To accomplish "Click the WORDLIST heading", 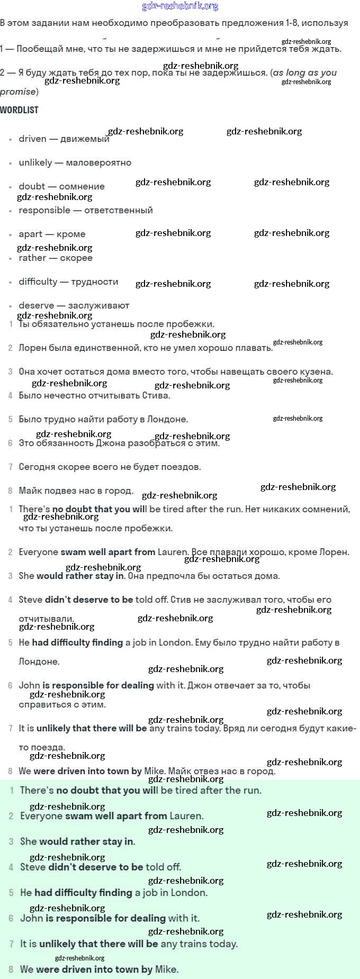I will (19, 110).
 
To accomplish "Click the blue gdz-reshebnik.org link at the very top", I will (180, 6).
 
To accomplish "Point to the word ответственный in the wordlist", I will (119, 211).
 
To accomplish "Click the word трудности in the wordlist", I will (94, 282).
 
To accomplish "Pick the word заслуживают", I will (98, 306).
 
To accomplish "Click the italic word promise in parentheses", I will (17, 92).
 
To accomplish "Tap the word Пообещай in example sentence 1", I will (38, 49).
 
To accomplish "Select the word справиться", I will (43, 705).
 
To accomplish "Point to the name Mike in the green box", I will (166, 969).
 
